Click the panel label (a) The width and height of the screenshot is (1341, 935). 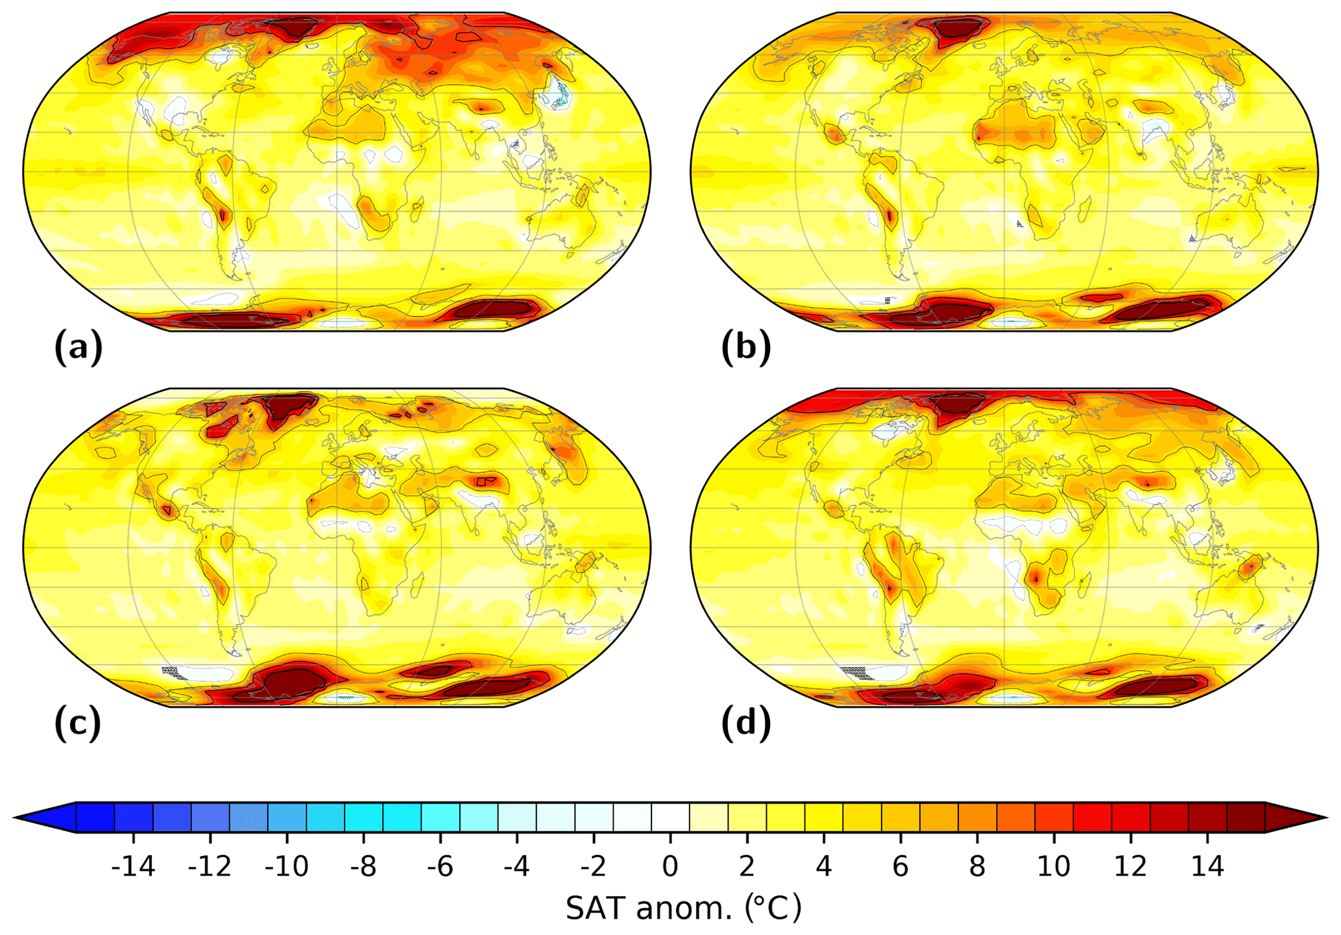click(79, 348)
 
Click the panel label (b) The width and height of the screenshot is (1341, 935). click(746, 348)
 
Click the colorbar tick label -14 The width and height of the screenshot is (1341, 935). click(133, 866)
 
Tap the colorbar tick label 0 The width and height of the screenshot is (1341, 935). click(670, 866)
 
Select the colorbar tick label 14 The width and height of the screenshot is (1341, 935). click(1207, 866)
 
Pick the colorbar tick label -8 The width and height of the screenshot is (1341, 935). click(363, 866)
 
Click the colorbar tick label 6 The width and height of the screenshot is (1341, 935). click(900, 866)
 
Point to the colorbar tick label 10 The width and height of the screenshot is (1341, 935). click(1054, 866)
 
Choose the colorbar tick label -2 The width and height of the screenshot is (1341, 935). click(593, 866)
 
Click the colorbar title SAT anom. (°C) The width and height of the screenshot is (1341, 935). click(683, 908)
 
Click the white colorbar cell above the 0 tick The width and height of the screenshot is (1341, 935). click(670, 818)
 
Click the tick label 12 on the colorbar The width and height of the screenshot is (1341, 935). click(1130, 866)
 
